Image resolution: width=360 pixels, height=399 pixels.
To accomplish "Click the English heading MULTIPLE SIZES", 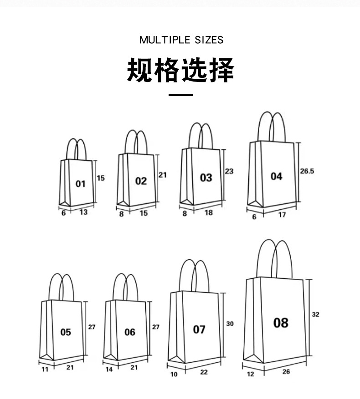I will [181, 40].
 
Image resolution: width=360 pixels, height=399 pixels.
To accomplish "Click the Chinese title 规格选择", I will [180, 70].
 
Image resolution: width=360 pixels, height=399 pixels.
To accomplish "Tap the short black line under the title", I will [180, 95].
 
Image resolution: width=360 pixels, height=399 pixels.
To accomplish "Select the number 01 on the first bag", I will [81, 184].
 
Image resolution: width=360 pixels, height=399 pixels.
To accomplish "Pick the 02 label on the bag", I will [141, 181].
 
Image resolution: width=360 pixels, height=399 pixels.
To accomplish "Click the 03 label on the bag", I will [206, 178].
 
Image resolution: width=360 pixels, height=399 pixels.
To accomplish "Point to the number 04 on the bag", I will [276, 176].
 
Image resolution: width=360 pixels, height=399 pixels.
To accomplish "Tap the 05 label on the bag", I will [66, 332].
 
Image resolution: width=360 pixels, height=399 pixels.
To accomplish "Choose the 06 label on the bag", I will [130, 332].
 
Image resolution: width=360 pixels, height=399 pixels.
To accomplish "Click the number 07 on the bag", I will [199, 329].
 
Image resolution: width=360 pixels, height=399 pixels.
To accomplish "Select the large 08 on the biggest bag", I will [281, 323].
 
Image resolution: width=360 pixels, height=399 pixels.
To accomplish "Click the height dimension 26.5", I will [307, 171].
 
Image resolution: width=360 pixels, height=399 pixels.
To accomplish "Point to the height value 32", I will [316, 314].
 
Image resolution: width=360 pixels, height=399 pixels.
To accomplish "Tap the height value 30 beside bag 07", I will [230, 324].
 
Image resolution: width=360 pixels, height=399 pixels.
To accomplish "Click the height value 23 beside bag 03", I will [229, 171].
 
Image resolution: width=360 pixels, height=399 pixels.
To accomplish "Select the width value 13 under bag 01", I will [83, 212].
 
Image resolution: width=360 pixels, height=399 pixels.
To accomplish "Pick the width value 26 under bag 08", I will [286, 372].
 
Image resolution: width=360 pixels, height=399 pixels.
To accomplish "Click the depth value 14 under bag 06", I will [109, 369].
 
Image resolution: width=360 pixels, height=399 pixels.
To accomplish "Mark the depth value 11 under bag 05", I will [45, 369].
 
